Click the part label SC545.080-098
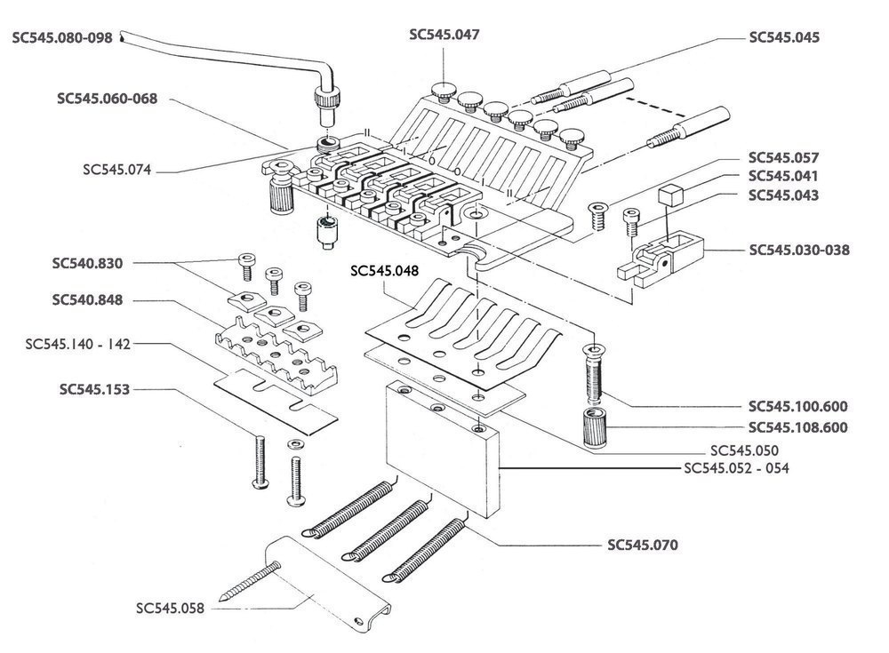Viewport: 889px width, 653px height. pos(62,38)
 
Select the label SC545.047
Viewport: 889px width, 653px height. pos(444,36)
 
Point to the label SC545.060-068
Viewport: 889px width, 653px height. pos(107,99)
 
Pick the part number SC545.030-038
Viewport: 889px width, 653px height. pos(799,250)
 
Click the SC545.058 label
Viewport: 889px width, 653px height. pos(171,609)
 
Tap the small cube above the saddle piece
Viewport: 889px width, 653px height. pos(669,196)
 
